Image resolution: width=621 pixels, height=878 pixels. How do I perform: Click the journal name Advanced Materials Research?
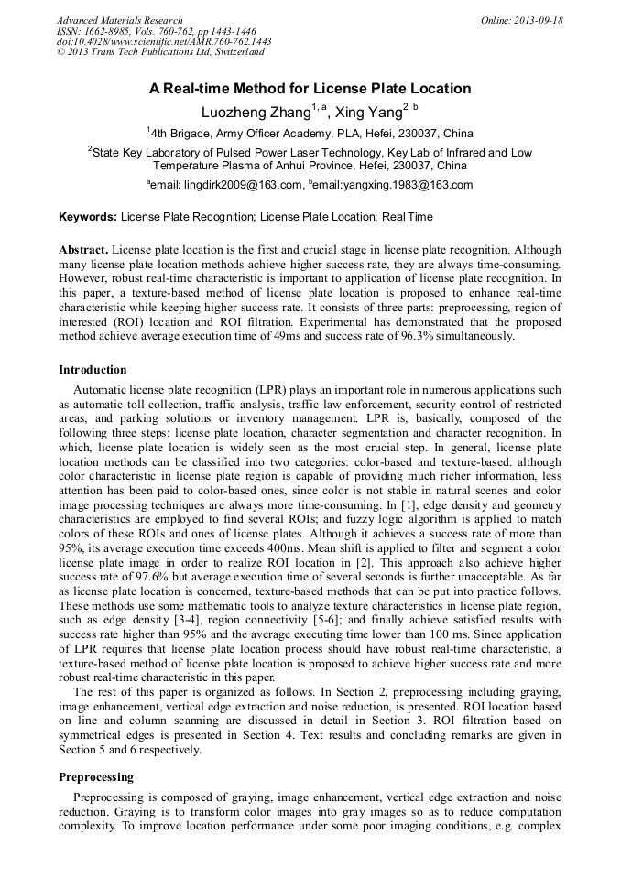click(119, 20)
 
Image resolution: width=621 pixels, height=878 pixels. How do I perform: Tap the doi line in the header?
click(164, 41)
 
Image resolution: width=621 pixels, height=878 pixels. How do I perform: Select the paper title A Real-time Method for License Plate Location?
click(310, 89)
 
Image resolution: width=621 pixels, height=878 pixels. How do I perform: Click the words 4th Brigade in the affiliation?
click(182, 133)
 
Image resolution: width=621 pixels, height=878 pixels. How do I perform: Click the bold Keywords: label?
click(88, 218)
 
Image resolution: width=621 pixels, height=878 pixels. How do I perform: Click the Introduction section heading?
click(93, 370)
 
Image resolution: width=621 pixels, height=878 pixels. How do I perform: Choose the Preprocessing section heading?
click(96, 777)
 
